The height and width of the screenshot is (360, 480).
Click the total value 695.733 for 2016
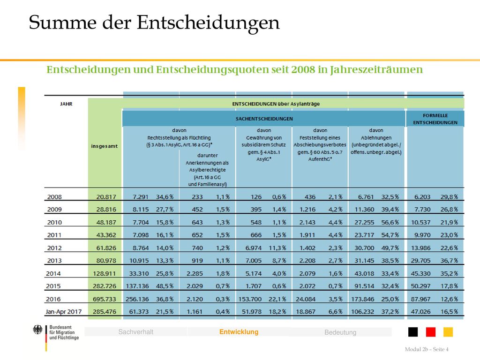[x=105, y=299]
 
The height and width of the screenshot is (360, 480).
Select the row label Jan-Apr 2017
[x=64, y=312]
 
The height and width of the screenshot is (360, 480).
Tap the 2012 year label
[x=54, y=247]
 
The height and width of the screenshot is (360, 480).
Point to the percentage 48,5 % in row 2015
[x=165, y=286]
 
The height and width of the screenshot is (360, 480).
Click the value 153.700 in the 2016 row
[x=250, y=299]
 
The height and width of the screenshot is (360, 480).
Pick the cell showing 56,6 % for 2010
[x=390, y=222]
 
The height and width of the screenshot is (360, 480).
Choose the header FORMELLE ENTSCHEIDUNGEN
[x=435, y=119]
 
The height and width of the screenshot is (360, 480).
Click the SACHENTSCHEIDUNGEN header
[x=264, y=119]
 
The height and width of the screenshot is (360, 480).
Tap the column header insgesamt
[x=104, y=146]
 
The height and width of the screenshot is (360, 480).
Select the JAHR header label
[x=66, y=104]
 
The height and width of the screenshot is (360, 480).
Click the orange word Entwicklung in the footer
[x=239, y=332]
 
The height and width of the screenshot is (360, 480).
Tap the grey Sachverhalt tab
[x=135, y=332]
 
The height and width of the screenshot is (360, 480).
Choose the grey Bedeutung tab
[x=340, y=332]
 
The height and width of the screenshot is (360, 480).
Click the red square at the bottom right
[x=430, y=332]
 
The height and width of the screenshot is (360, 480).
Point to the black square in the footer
[x=413, y=332]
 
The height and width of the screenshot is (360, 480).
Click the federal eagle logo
[x=37, y=330]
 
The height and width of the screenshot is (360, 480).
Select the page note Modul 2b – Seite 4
[x=427, y=349]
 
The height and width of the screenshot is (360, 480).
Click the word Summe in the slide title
[x=63, y=22]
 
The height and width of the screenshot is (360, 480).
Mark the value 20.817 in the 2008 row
[x=106, y=197]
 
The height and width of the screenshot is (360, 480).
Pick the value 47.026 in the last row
[x=420, y=312]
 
